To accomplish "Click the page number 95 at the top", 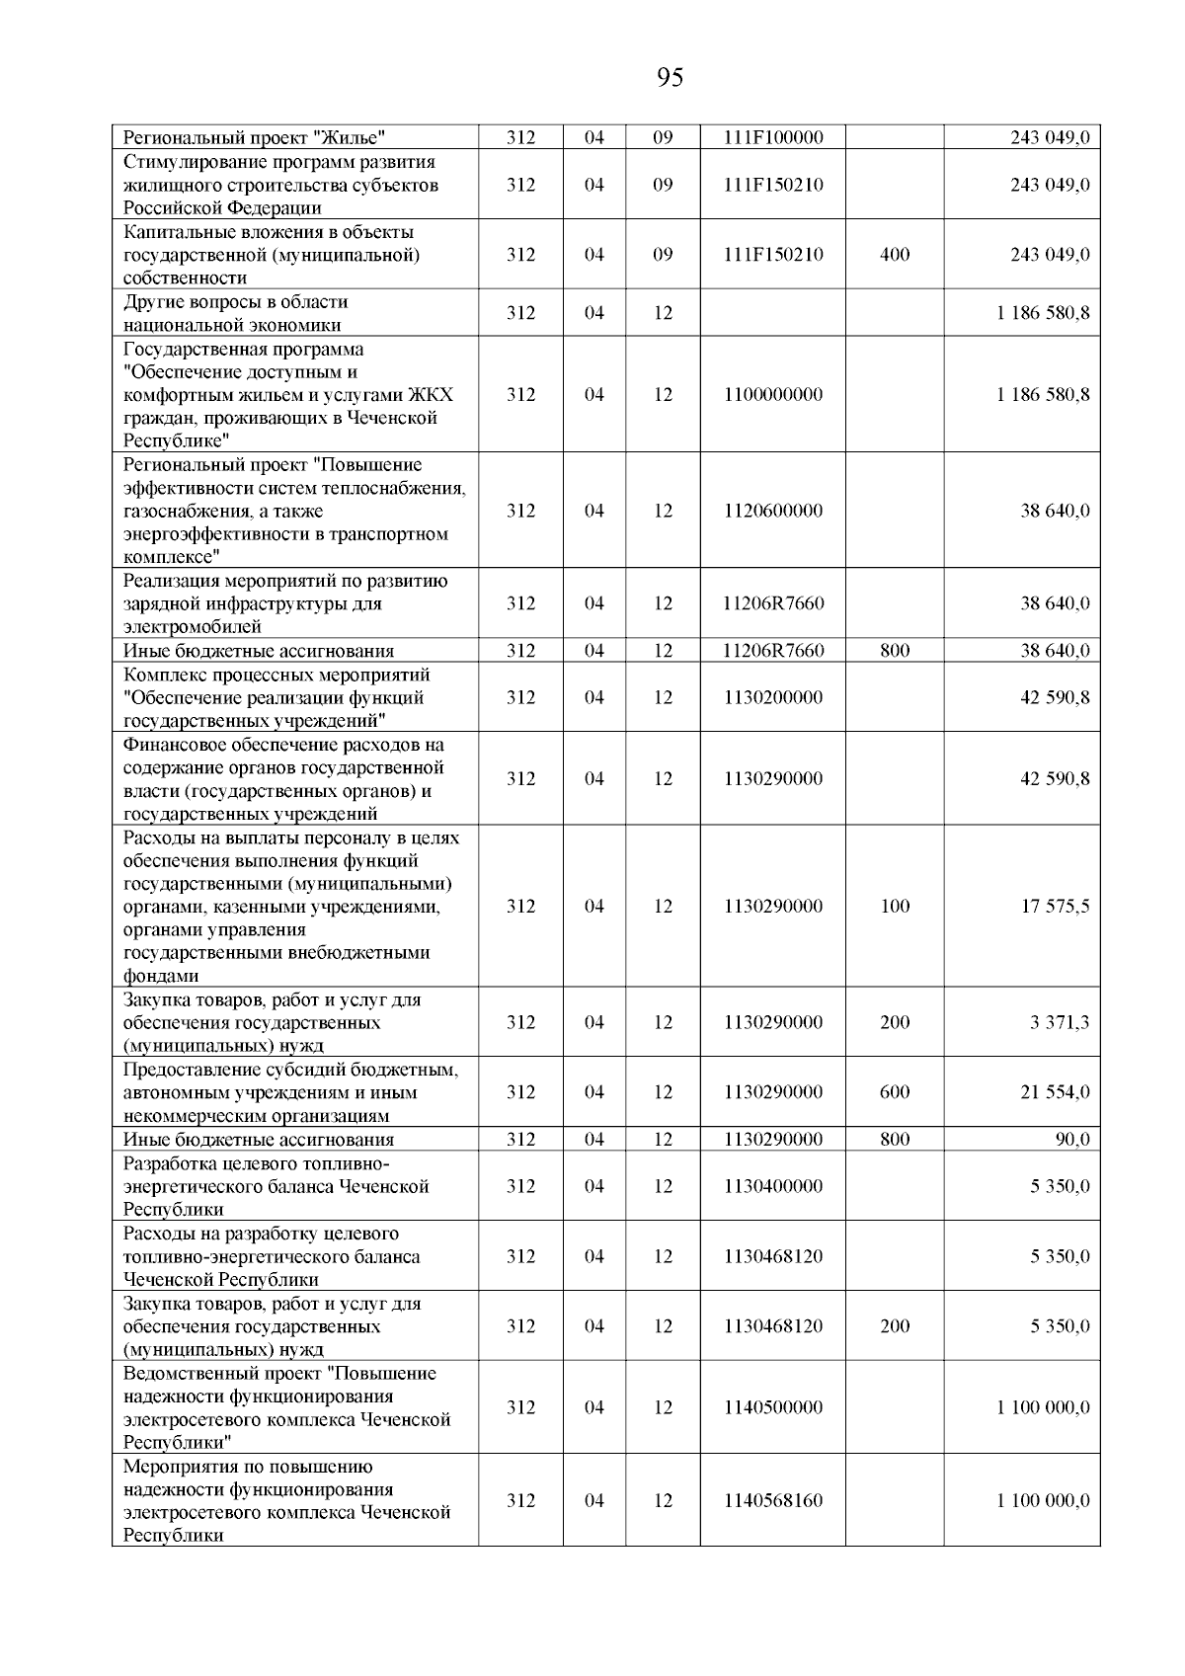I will point(670,77).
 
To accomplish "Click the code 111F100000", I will point(772,137).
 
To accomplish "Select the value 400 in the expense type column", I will point(895,254).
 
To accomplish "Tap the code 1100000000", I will point(772,394).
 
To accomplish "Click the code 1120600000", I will point(772,511).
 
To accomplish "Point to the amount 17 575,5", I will point(1055,906).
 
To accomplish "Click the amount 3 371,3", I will point(1060,1022).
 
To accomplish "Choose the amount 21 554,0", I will point(1055,1091).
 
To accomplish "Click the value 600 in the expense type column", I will point(895,1091).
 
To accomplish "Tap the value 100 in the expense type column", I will point(895,906).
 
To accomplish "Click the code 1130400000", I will point(772,1185).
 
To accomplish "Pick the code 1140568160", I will point(772,1499).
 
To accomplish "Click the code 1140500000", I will point(772,1406).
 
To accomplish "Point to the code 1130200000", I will point(772,697).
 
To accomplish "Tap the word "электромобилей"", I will point(192,626).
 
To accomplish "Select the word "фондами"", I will point(160,976).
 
